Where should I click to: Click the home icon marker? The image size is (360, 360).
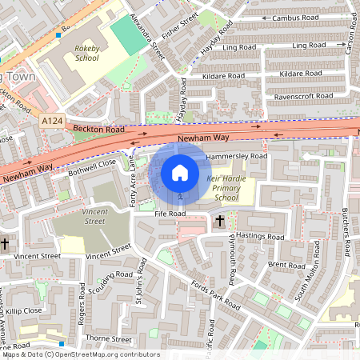[x=180, y=173]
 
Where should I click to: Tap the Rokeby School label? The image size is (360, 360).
[x=86, y=53]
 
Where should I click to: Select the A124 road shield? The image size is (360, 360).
[x=52, y=120]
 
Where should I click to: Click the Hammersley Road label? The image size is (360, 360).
[x=236, y=156]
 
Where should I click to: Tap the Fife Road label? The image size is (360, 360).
[x=170, y=214]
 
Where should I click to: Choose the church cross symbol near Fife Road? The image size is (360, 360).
[x=220, y=219]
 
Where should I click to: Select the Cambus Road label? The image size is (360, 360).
[x=295, y=18]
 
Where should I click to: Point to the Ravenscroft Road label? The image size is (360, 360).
[x=303, y=96]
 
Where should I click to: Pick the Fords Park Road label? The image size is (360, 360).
[x=210, y=295]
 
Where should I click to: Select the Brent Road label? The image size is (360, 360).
[x=286, y=264]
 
